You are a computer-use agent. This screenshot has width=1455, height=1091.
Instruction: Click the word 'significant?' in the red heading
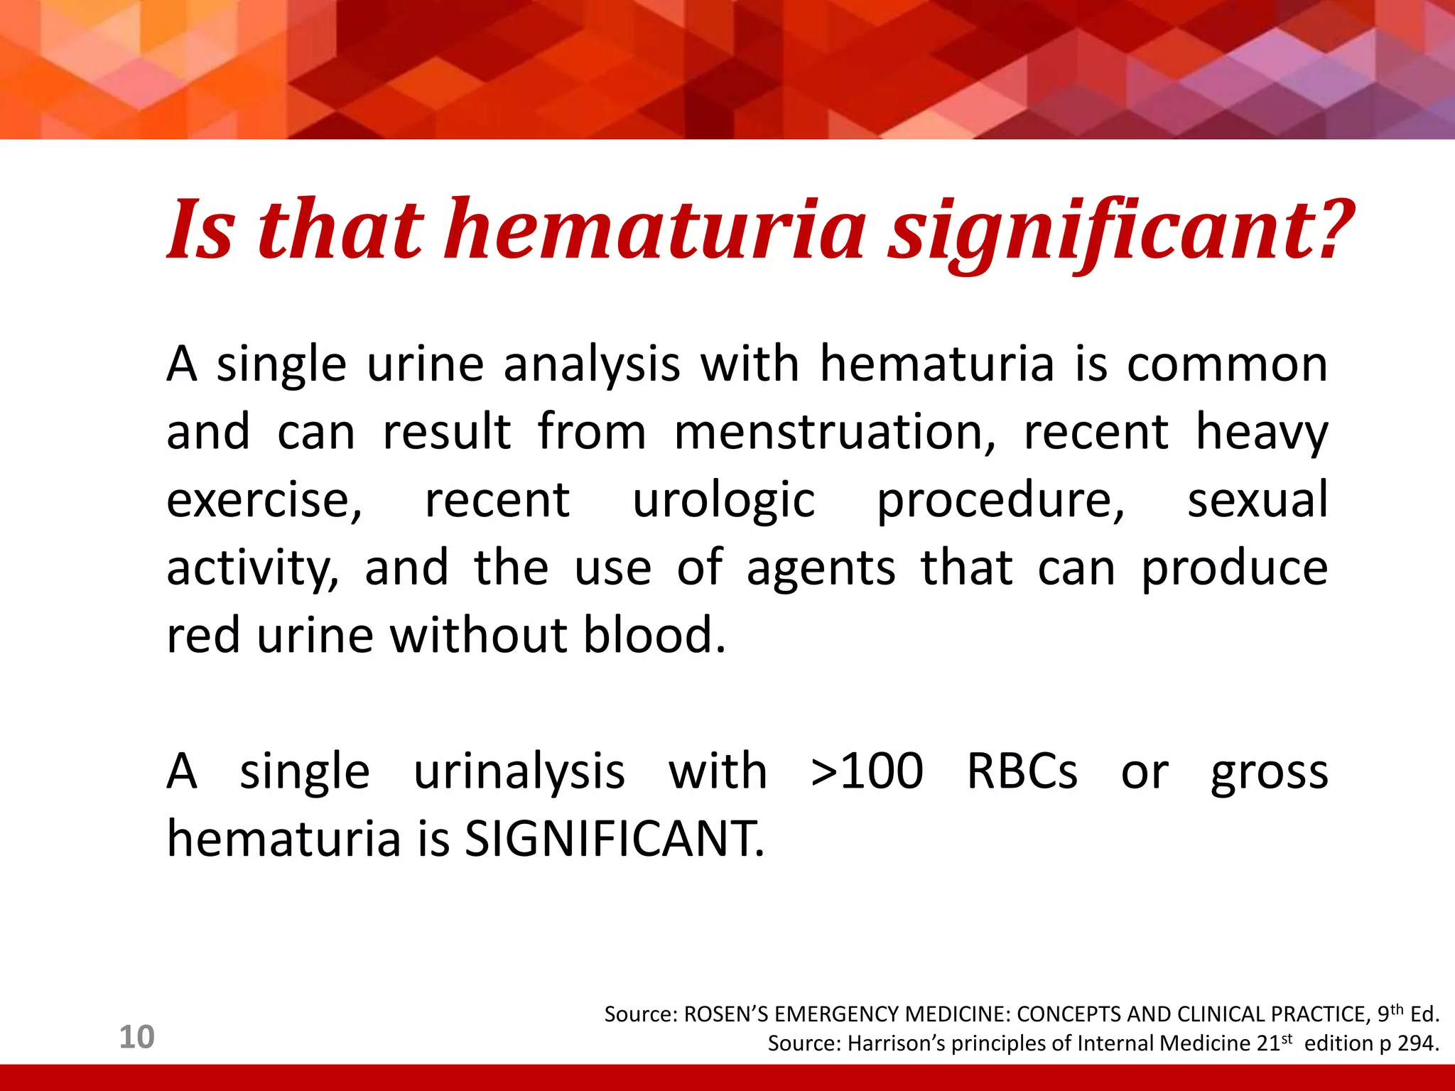pos(1123,231)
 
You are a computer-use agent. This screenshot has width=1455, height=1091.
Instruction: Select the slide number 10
pos(136,1037)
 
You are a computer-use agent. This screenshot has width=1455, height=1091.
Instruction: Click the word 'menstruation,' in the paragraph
pos(835,432)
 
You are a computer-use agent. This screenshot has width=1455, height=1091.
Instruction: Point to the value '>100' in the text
pos(867,771)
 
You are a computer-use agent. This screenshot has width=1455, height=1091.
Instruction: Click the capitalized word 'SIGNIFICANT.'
pos(615,839)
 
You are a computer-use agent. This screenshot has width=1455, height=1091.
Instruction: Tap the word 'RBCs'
pos(1022,771)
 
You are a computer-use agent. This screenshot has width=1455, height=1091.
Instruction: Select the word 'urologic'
pos(723,500)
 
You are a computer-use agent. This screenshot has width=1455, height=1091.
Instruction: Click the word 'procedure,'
pos(1001,500)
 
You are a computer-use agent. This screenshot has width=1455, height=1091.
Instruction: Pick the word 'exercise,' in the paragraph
pos(264,500)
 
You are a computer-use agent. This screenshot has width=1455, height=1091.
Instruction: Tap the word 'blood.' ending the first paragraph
pos(654,635)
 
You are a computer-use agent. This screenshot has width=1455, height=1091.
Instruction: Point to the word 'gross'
pos(1269,773)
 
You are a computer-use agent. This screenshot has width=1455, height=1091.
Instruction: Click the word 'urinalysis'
pos(519,773)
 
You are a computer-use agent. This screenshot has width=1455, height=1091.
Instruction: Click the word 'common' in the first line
pos(1227,364)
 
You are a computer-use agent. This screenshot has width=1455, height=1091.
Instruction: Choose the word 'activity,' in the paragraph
pos(252,568)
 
